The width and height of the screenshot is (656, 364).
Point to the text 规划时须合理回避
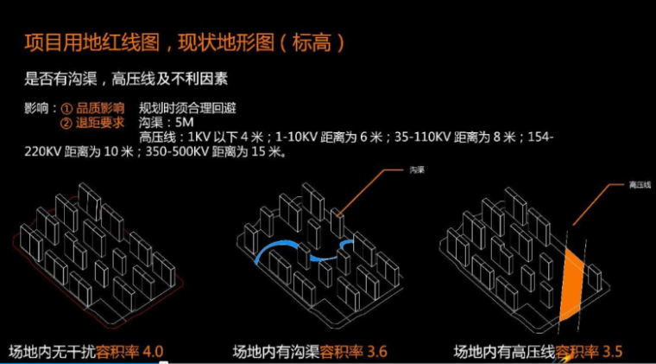point(186,109)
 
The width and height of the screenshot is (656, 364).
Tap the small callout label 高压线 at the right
point(628,184)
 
